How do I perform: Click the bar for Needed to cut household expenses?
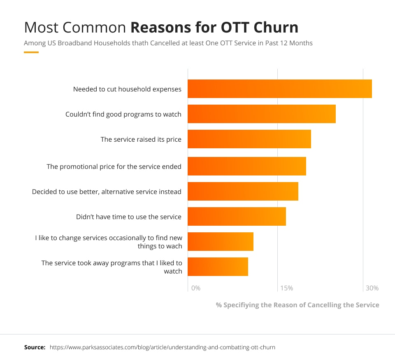[x=280, y=89]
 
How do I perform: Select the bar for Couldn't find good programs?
[x=262, y=114]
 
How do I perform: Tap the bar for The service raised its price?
[x=249, y=139]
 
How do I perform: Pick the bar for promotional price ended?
[x=247, y=166]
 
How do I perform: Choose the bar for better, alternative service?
[x=243, y=192]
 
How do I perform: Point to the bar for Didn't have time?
[x=237, y=217]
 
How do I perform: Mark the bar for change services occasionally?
[x=221, y=241]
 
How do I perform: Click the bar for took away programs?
[x=218, y=266]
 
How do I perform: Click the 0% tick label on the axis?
[x=196, y=288]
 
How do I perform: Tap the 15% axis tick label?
[x=286, y=288]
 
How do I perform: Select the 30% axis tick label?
[x=372, y=288]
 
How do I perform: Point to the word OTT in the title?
[x=231, y=27]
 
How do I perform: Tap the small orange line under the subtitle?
[x=31, y=52]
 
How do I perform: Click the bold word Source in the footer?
[x=35, y=347]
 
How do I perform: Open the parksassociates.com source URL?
[x=163, y=347]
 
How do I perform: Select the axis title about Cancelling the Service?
[x=297, y=305]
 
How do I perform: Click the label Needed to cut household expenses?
[x=127, y=89]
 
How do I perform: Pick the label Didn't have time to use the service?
[x=129, y=217]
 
